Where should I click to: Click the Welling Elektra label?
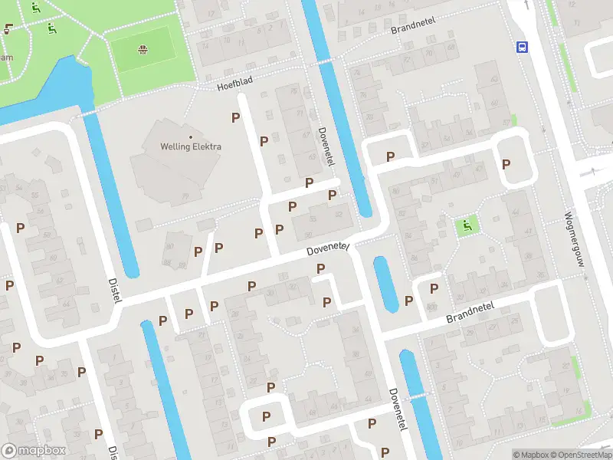[x=190, y=146]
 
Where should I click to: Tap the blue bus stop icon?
[x=523, y=47]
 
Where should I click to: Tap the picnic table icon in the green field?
[x=143, y=51]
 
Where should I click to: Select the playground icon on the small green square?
[x=464, y=226]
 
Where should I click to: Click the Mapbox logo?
[x=34, y=451]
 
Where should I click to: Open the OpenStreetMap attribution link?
[x=581, y=455]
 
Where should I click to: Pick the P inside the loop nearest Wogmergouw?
[x=506, y=164]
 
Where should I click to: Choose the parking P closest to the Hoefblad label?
[x=236, y=117]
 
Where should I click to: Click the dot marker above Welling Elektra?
[x=190, y=136]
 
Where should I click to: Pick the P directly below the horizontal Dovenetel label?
[x=320, y=268]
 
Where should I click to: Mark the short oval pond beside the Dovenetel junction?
[x=385, y=283]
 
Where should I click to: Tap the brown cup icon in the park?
[x=8, y=30]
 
